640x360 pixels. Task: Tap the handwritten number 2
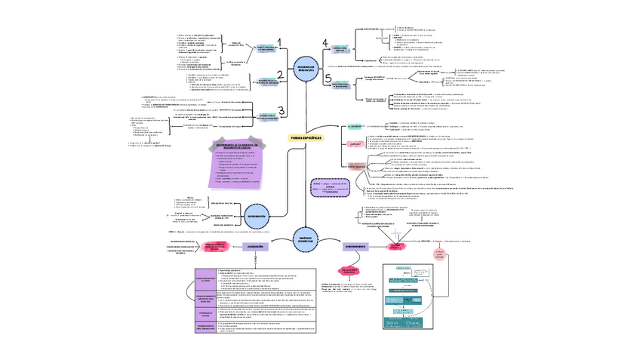(279, 74)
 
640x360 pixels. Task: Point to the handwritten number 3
(280, 110)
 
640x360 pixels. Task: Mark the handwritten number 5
(328, 78)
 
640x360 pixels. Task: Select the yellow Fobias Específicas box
(305, 138)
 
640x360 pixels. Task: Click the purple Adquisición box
(256, 247)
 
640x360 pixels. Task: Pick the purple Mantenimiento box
(355, 247)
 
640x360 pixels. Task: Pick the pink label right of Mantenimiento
(396, 247)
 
